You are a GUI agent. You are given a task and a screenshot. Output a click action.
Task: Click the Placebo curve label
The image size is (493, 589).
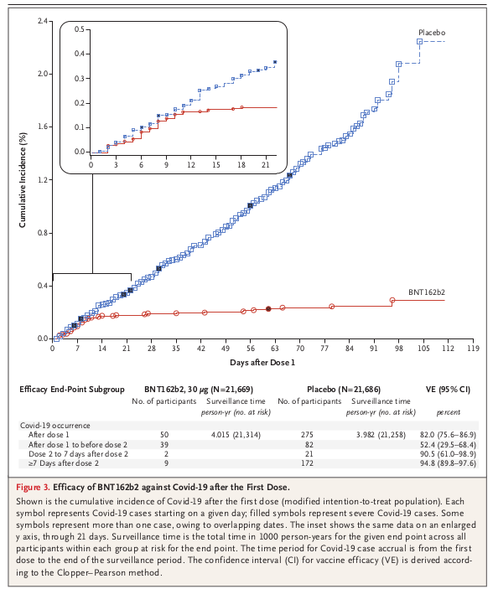432,33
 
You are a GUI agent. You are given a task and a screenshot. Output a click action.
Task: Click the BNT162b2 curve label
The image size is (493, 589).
427,292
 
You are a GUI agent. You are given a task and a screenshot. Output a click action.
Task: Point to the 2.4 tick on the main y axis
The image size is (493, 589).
43,21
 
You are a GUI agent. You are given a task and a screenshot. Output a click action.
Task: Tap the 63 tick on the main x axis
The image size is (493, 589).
275,349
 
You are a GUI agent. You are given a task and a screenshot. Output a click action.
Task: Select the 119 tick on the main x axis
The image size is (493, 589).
474,349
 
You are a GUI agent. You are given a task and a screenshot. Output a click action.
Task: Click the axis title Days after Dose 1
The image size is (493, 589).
262,363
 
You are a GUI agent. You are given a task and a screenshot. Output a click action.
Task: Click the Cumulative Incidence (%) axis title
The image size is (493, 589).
23,180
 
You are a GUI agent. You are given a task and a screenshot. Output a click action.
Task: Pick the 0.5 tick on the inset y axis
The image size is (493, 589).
80,29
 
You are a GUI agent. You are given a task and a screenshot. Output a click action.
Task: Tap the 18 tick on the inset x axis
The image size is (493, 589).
241,165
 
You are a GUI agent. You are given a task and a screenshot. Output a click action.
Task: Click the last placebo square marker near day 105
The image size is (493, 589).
420,42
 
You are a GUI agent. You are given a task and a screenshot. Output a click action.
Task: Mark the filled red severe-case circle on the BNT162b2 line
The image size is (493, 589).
268,309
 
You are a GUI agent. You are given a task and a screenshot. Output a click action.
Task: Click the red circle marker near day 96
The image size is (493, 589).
392,300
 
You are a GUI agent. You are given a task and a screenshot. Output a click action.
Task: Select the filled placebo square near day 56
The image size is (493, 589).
250,205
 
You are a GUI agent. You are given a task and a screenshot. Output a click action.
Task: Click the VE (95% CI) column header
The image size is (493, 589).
448,390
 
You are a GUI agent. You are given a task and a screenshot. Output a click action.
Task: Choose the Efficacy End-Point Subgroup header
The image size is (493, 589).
72,390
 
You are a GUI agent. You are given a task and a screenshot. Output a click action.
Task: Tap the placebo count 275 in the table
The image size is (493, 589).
307,435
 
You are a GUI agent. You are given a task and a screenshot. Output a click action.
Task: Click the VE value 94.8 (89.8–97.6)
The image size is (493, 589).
448,463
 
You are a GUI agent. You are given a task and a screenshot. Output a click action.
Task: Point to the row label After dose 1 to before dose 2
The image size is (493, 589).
78,444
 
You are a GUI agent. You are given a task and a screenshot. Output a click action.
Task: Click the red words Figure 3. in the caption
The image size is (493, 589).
33,487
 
